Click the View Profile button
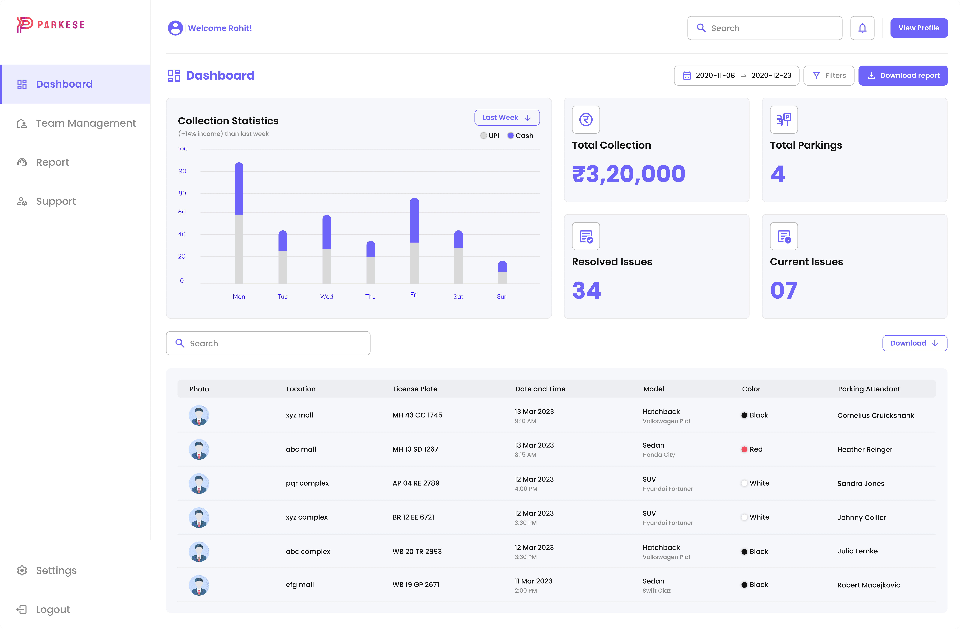pyautogui.click(x=918, y=28)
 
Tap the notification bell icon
pyautogui.click(x=862, y=28)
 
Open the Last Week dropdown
pyautogui.click(x=507, y=117)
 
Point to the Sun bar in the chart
pyautogui.click(x=502, y=272)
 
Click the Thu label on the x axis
pyautogui.click(x=370, y=296)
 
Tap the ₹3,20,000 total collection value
pyautogui.click(x=628, y=174)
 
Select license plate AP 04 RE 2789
pyautogui.click(x=415, y=483)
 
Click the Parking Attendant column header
pyautogui.click(x=869, y=389)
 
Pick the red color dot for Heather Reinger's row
pyautogui.click(x=744, y=449)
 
